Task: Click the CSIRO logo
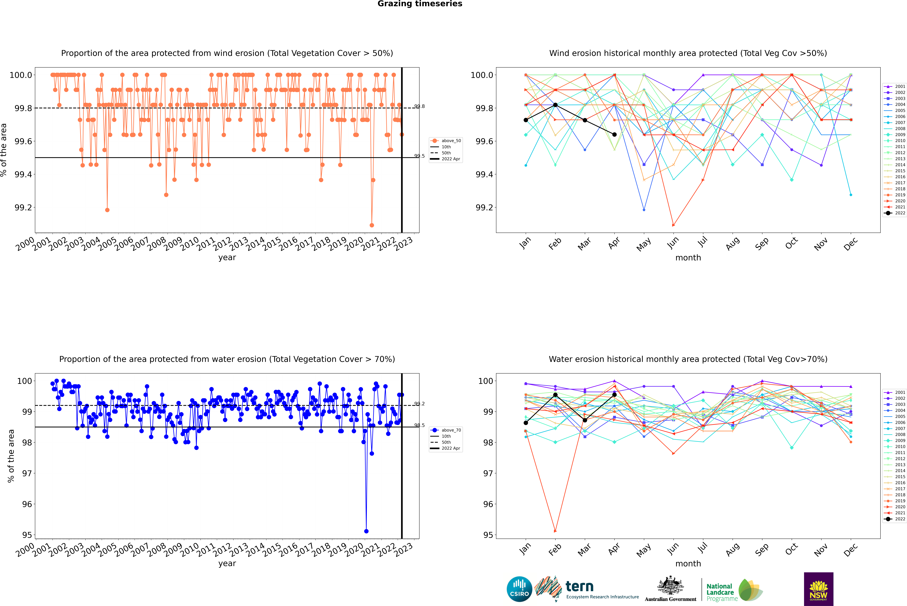click(x=519, y=589)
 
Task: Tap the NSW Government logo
click(x=818, y=589)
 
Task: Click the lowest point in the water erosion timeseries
click(x=366, y=531)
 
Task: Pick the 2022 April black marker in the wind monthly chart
click(x=614, y=134)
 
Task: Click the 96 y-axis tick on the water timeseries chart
click(x=27, y=504)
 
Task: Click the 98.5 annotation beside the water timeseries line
click(x=419, y=425)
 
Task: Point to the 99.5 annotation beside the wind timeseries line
click(x=419, y=156)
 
